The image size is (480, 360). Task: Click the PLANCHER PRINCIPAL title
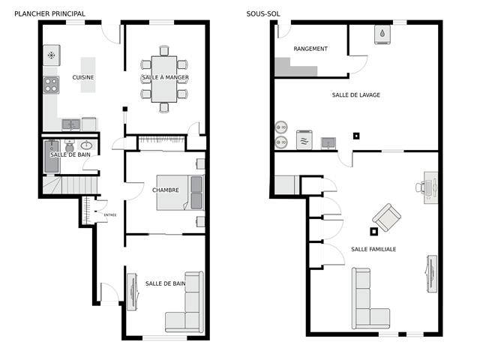[x=49, y=13]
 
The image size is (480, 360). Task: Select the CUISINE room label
[x=82, y=77]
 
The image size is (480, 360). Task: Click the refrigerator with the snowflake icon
[x=52, y=55]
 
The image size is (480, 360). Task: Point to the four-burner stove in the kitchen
[x=51, y=85]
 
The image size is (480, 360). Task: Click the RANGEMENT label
[x=310, y=49]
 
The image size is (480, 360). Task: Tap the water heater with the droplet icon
[x=383, y=34]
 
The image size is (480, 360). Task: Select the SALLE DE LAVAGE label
[x=355, y=95]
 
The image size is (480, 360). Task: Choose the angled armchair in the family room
[x=386, y=217]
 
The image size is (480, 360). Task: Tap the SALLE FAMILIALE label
[x=373, y=249]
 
